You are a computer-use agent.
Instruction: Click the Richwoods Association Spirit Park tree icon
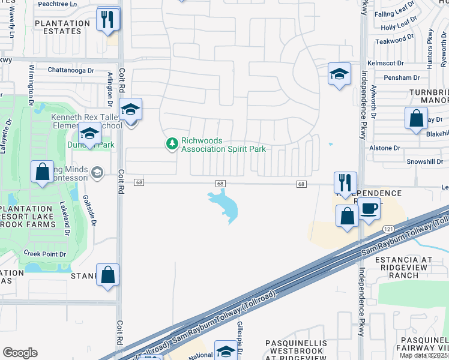tap(172, 143)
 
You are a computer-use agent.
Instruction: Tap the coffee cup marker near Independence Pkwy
tap(369, 209)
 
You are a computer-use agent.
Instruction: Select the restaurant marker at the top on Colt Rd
tap(109, 19)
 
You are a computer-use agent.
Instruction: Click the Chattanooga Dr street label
tap(71, 70)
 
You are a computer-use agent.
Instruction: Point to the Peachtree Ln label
tap(58, 4)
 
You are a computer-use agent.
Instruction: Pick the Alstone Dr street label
tap(385, 148)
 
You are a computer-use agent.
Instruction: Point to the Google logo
tap(20, 353)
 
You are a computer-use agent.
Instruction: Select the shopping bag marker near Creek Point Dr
tap(107, 275)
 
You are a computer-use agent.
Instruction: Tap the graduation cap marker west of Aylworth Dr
tap(339, 74)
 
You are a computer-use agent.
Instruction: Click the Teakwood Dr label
tap(394, 41)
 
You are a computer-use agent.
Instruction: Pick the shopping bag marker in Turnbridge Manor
tap(416, 119)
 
